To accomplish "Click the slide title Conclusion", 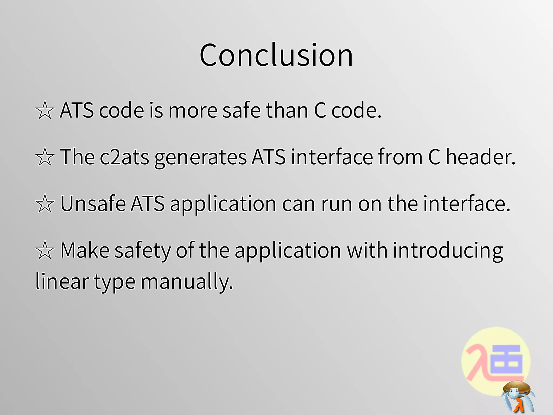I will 276,55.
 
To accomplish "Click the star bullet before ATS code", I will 45,110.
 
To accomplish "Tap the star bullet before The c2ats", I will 45,157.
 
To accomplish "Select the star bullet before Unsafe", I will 45,204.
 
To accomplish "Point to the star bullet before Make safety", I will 45,250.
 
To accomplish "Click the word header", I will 480,157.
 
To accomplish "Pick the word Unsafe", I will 93,204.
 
